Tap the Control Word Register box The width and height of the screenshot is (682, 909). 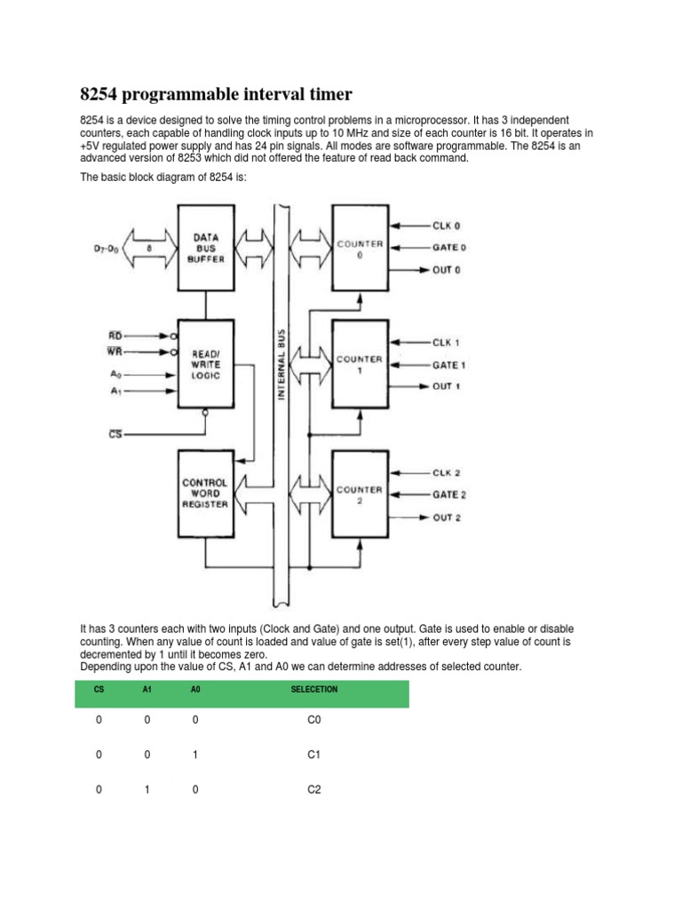[x=205, y=494]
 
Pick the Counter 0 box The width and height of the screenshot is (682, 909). [x=360, y=248]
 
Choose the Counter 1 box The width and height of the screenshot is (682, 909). [x=360, y=364]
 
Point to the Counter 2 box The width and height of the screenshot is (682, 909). [x=360, y=494]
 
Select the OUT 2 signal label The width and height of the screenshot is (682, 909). [x=448, y=517]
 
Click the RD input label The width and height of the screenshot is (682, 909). [x=115, y=336]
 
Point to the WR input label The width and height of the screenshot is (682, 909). [x=115, y=352]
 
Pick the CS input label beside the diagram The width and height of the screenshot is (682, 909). [x=115, y=434]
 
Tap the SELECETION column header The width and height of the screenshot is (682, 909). [x=314, y=689]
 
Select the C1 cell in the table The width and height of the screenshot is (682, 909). [x=313, y=755]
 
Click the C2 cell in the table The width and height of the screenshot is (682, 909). [x=313, y=789]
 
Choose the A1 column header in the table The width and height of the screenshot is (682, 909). [x=147, y=689]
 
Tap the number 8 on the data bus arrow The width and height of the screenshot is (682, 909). [x=149, y=249]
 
